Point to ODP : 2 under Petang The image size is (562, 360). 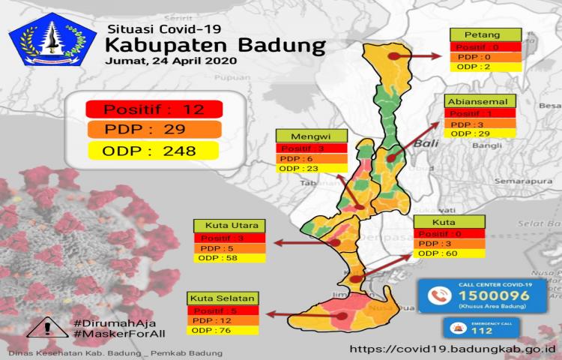point(478,67)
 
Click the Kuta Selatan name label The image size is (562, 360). point(224,298)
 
